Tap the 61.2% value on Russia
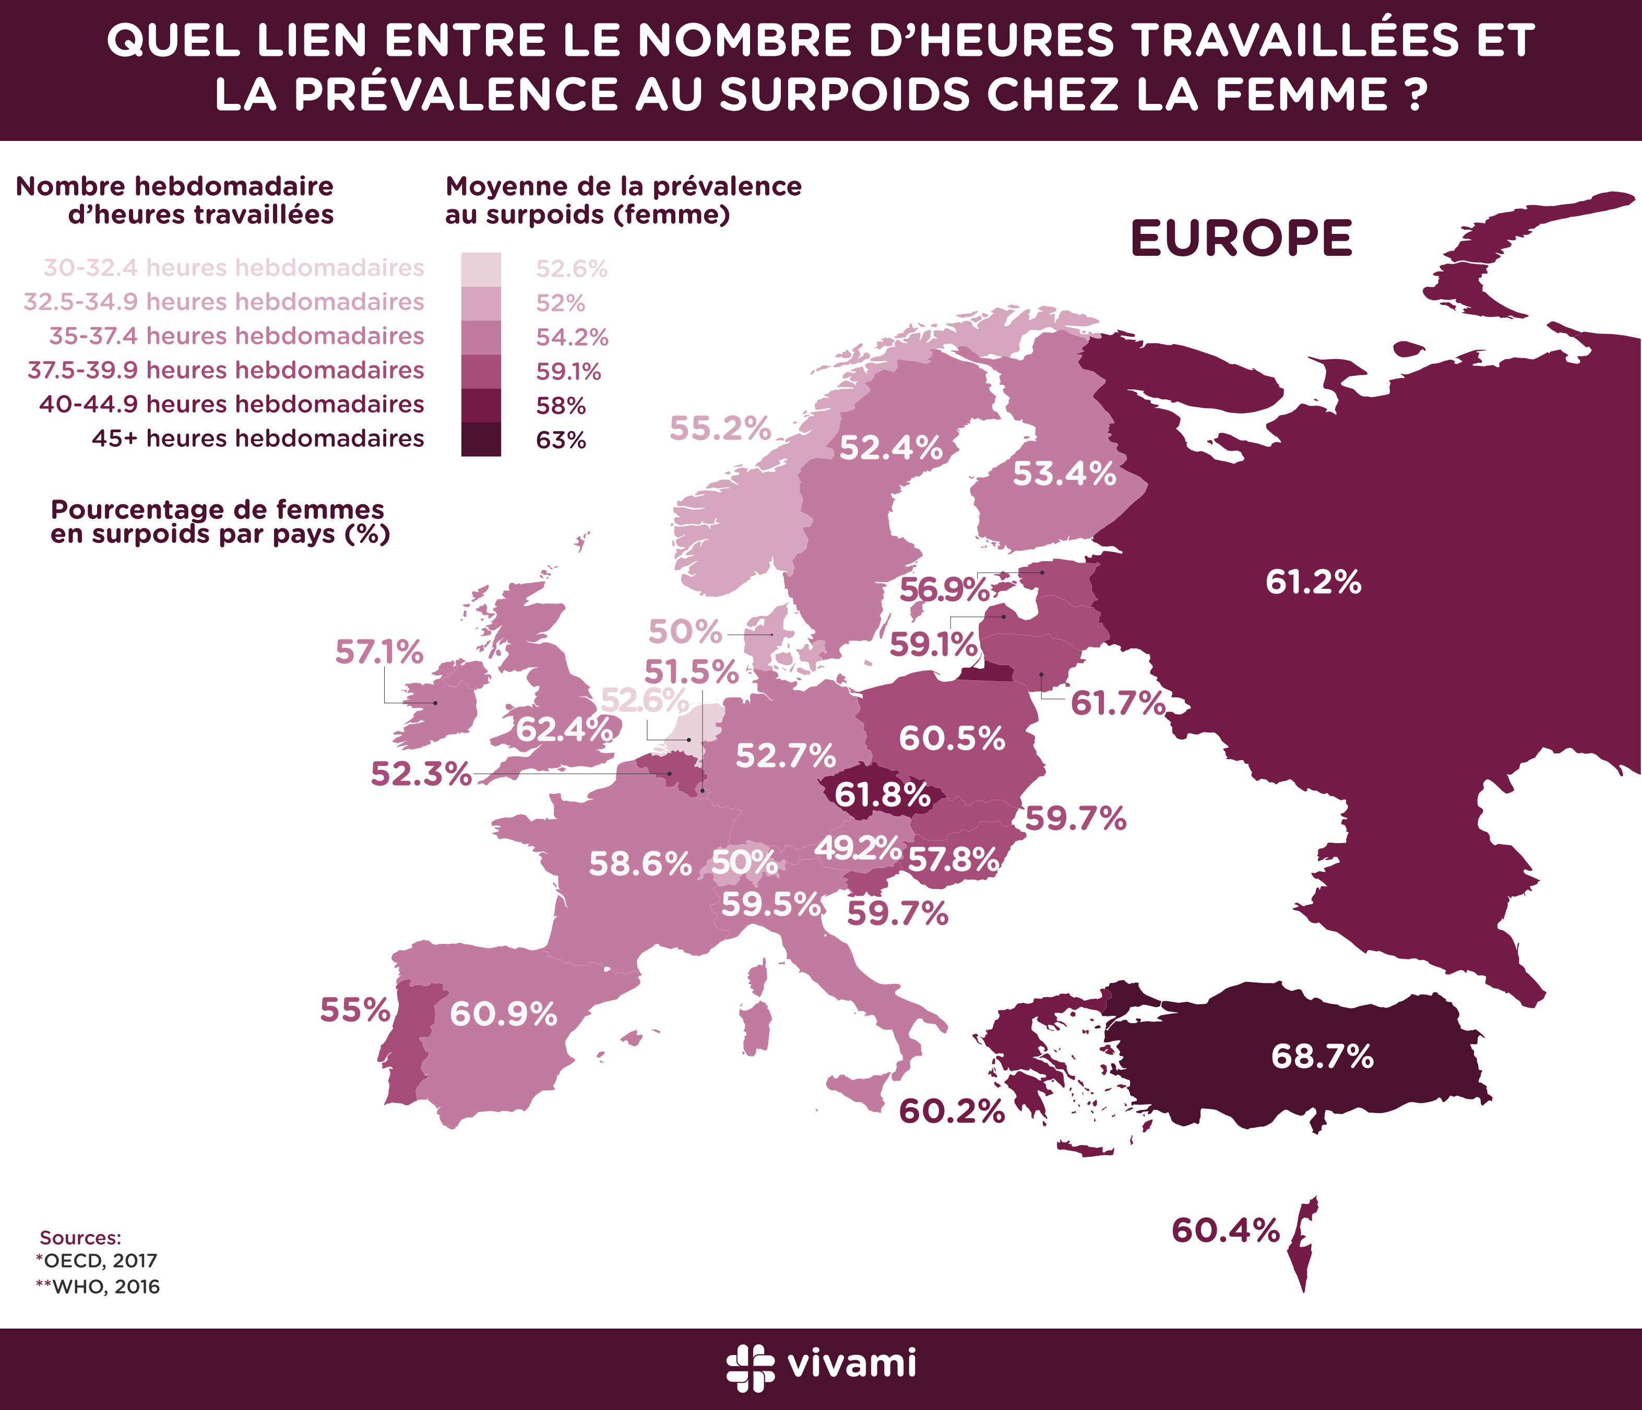(1313, 583)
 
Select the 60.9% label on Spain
(503, 1014)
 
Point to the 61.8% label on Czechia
(882, 794)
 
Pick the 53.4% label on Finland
(1064, 474)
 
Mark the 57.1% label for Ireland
(379, 653)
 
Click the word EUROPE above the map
(1241, 239)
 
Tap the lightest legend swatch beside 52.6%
(481, 269)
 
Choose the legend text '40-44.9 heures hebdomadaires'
(231, 404)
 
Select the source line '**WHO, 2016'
(98, 1286)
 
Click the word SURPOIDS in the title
(845, 94)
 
